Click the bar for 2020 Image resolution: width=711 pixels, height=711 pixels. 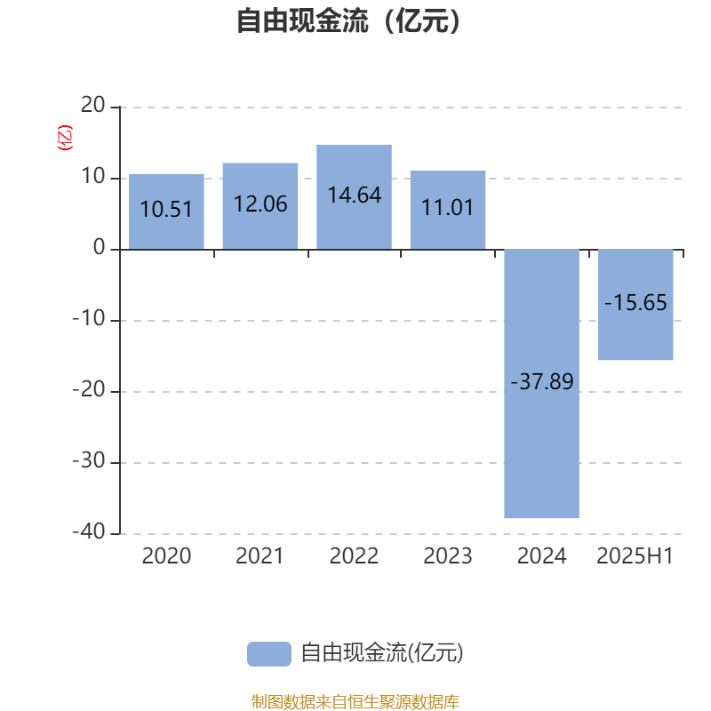coord(166,212)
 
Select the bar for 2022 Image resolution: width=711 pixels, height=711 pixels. coord(354,196)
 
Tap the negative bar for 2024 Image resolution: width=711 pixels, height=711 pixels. coord(542,384)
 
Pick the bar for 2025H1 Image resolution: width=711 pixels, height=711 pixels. coord(635,305)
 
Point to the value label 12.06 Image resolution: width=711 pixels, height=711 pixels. coord(260,204)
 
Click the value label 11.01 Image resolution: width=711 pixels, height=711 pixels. coord(448,208)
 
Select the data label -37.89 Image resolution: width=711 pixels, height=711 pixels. coord(542,381)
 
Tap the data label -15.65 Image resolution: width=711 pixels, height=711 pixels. coord(635,302)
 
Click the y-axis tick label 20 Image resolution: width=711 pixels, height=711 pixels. coord(93,105)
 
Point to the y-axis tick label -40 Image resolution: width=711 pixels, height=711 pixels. coord(89,531)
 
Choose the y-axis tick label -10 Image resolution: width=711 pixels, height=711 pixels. coord(89,318)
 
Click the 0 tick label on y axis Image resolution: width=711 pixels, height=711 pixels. coord(100,247)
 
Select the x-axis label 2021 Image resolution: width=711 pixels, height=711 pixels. coord(260,556)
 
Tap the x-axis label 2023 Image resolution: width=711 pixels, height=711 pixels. coord(448,556)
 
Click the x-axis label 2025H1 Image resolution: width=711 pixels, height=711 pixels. coord(635,556)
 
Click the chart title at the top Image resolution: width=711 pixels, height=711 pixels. coord(348,20)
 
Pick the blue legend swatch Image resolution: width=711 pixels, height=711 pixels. coord(269,654)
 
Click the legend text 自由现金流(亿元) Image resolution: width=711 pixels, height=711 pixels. coord(382,653)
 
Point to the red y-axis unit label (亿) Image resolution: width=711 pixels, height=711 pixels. coord(64,138)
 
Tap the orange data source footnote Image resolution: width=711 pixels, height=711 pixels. coord(355,701)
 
